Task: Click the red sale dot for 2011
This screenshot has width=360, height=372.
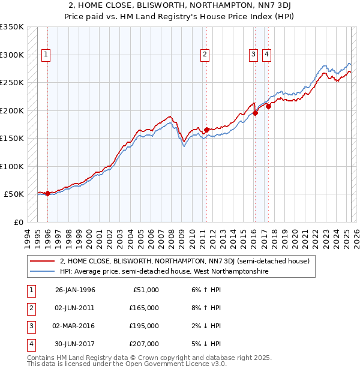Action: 206,130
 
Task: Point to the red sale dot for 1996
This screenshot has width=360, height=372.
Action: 47,193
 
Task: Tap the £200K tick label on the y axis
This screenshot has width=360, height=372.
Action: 11,110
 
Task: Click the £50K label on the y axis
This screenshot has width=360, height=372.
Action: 14,194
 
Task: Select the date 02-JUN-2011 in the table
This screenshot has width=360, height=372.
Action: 75,308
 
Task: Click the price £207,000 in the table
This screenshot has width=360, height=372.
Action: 144,344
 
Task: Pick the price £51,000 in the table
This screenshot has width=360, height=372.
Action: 146,290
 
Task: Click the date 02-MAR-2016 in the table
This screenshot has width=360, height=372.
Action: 75,326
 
